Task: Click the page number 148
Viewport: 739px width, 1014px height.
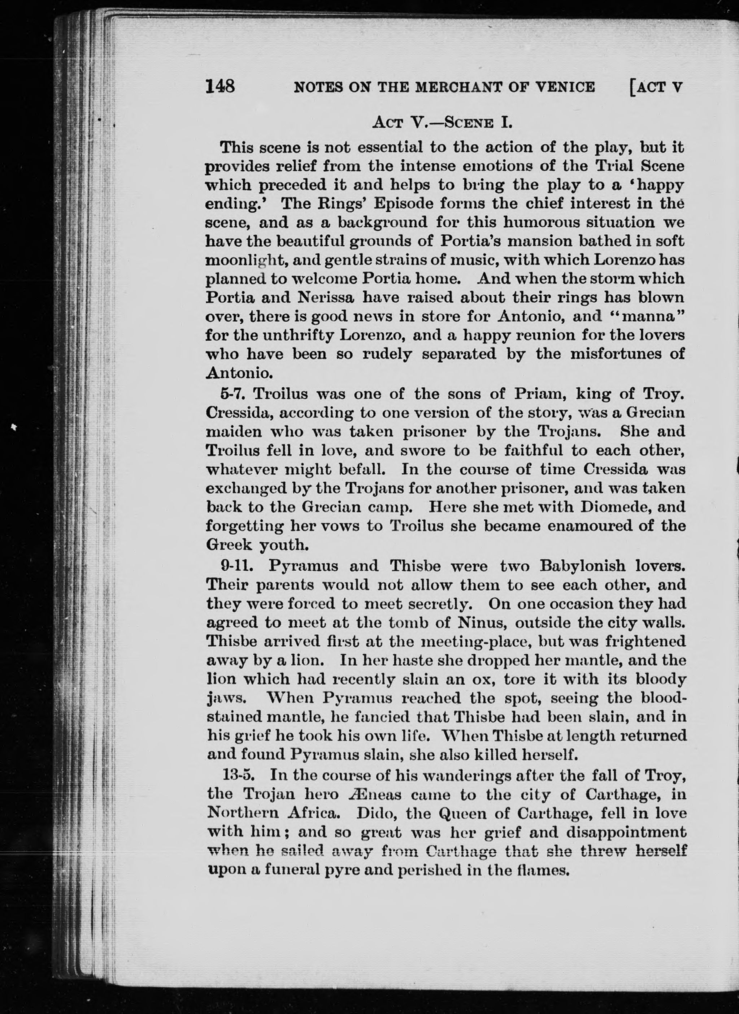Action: click(220, 86)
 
